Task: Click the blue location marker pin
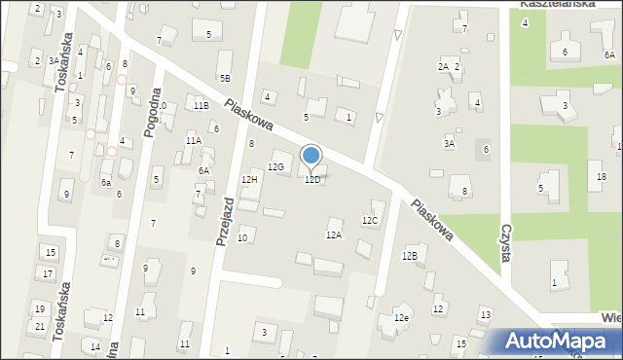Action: pyautogui.click(x=311, y=157)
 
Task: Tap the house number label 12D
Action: pyautogui.click(x=312, y=180)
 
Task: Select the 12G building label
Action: pyautogui.click(x=275, y=167)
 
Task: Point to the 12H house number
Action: pyautogui.click(x=249, y=179)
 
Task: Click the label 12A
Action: pyautogui.click(x=334, y=234)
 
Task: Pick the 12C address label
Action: pyautogui.click(x=370, y=220)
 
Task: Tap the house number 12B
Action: pyautogui.click(x=410, y=255)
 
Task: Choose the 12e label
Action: pyautogui.click(x=401, y=317)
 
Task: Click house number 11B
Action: pyautogui.click(x=201, y=105)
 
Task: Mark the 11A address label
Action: pyautogui.click(x=194, y=140)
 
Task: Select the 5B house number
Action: pyautogui.click(x=225, y=77)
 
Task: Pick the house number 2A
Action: pyautogui.click(x=443, y=66)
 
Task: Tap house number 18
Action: pyautogui.click(x=602, y=176)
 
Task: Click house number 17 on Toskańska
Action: pyautogui.click(x=48, y=273)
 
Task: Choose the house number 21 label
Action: pyautogui.click(x=40, y=326)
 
